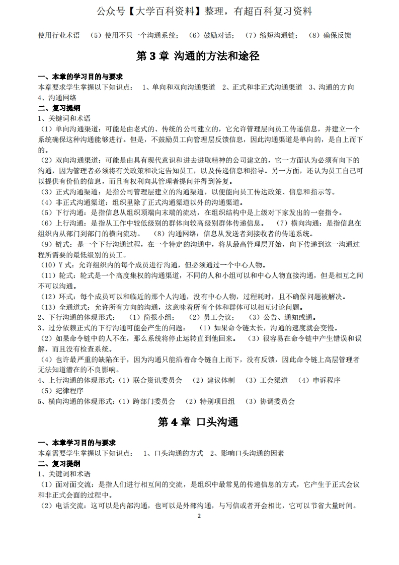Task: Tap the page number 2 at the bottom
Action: [x=199, y=516]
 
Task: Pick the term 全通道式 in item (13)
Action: [x=76, y=307]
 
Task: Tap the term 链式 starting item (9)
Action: [x=64, y=244]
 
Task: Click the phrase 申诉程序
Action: [x=327, y=380]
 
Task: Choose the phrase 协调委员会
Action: [x=277, y=401]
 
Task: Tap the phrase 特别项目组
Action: [x=217, y=401]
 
